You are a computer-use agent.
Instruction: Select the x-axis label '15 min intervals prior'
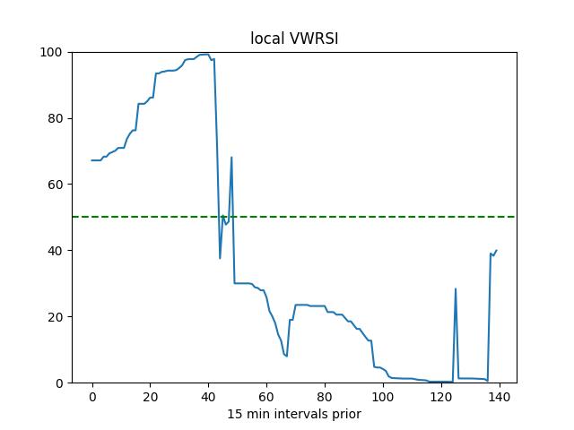pos(294,414)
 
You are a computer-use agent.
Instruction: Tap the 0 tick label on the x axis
pos(92,396)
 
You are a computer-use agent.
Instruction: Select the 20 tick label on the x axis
pos(151,396)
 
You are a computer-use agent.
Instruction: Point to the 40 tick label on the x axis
pos(208,396)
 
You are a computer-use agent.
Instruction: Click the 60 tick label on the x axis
pos(266,396)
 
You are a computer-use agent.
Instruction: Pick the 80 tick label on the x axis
pos(325,396)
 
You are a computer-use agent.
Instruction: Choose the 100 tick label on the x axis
pos(383,396)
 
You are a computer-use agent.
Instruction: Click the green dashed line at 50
pos(359,217)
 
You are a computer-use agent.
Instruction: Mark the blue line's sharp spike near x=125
pos(456,289)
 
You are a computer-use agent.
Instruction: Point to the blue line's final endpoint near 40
pos(496,251)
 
